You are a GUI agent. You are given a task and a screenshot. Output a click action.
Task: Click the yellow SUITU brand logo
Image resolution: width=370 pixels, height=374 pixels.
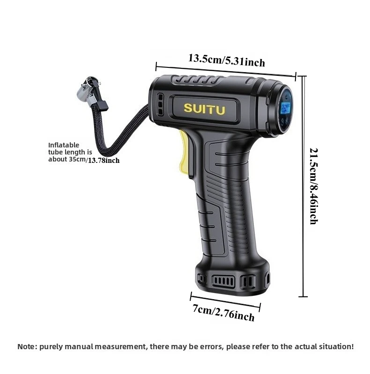tap(204, 108)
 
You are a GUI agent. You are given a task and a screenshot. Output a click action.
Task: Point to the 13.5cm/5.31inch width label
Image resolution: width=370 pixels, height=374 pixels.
tap(226, 60)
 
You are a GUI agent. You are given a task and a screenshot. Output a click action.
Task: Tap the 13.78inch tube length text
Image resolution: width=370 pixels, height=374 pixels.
tap(104, 160)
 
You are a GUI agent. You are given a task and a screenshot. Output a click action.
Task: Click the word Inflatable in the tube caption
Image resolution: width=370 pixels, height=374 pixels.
tap(64, 145)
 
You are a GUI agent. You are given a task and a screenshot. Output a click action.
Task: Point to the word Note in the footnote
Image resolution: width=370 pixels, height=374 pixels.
tap(26, 347)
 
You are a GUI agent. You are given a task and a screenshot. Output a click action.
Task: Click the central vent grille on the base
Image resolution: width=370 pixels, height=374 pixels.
tap(224, 281)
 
